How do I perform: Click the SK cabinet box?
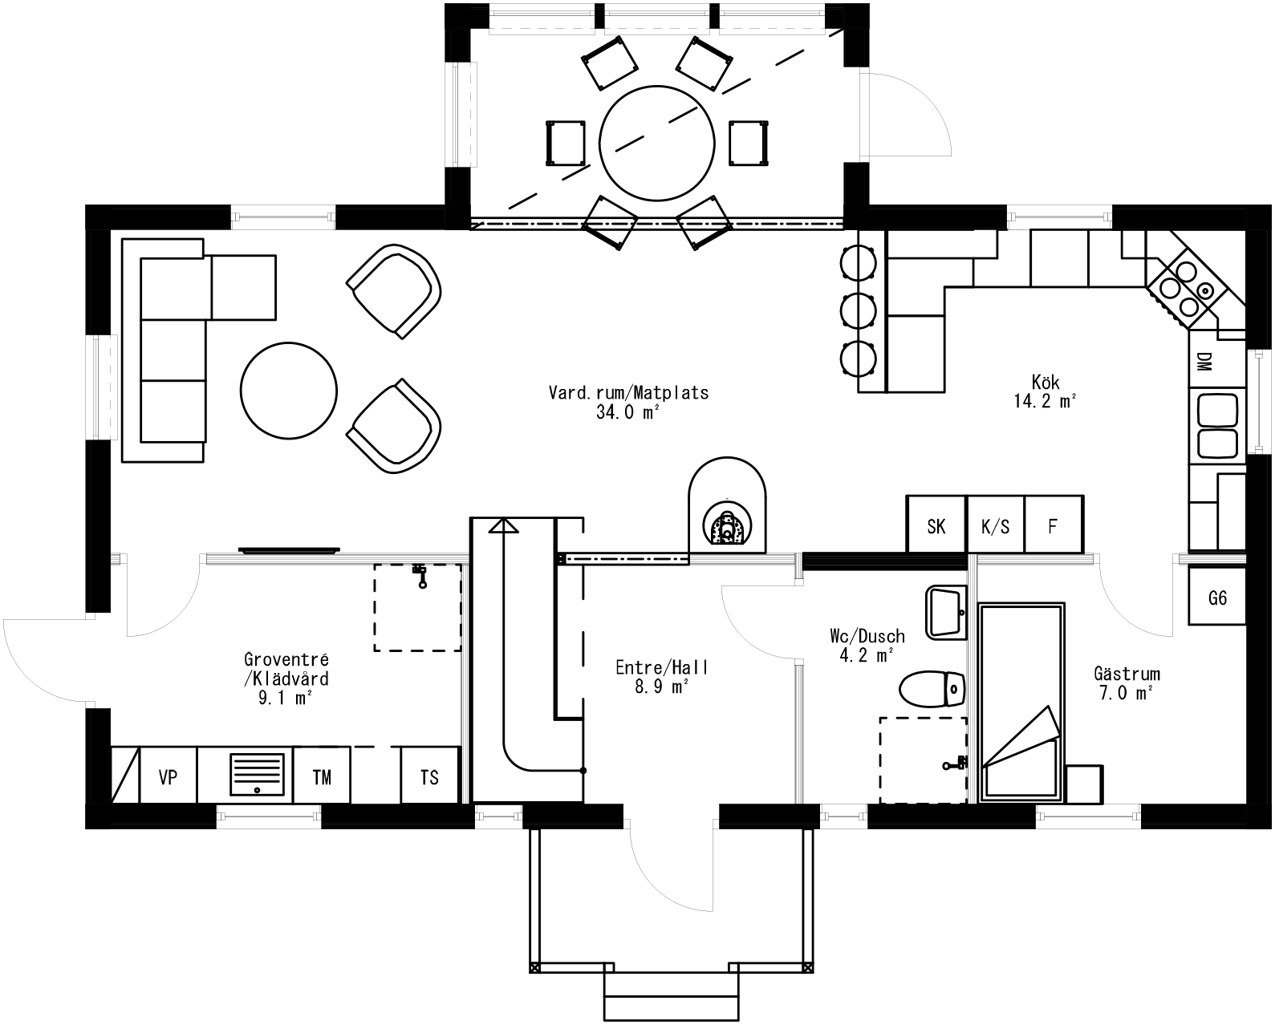(936, 525)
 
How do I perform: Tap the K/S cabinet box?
(996, 525)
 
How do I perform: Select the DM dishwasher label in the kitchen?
(1204, 362)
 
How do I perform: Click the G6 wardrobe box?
(1217, 598)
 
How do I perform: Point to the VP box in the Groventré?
(168, 776)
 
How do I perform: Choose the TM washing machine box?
(322, 776)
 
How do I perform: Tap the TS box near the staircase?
(429, 776)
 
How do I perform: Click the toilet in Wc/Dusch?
(931, 689)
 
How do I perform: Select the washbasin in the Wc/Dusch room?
(947, 611)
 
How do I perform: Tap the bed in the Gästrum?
(1021, 702)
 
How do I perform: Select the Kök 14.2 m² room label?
(1046, 391)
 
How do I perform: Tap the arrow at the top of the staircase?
(504, 525)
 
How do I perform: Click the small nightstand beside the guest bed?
(1084, 784)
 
